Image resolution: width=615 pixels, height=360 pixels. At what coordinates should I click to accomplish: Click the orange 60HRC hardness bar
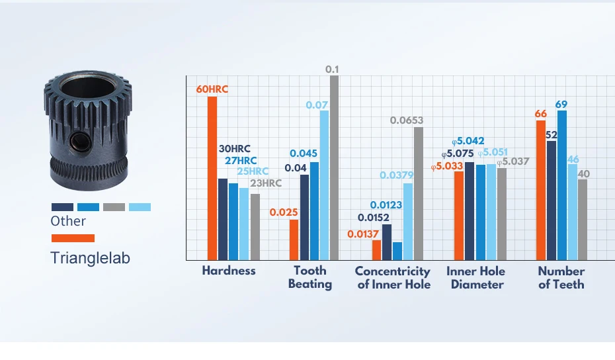coord(212,178)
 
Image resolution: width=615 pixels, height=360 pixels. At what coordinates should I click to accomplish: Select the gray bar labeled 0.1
coord(334,167)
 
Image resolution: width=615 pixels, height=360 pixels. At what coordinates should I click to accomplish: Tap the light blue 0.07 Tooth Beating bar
coord(325,185)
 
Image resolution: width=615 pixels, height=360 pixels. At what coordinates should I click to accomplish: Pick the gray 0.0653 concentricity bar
coord(419,193)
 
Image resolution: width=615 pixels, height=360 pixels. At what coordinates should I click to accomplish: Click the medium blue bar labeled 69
coord(562,185)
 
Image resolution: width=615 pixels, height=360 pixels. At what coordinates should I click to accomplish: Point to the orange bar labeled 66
coord(541,190)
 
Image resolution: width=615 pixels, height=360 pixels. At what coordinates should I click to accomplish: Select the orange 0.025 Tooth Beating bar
coord(294,240)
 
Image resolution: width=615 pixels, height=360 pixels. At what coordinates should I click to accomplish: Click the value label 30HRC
coord(235,149)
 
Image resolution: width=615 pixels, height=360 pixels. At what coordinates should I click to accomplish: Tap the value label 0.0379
coord(397,175)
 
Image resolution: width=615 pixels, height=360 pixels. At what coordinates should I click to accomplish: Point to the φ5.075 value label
coord(458,154)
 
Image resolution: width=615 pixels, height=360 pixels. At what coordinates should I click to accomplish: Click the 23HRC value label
coord(266,183)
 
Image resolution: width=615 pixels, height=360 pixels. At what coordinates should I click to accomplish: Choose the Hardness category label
coord(229,271)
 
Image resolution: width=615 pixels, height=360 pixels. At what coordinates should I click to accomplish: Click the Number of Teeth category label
coord(561,277)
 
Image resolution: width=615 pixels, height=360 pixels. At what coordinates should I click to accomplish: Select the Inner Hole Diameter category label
coord(476,277)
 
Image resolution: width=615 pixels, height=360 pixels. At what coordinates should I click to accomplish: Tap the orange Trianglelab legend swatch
coord(73,238)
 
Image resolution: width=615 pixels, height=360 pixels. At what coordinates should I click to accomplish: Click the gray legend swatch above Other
coord(114,207)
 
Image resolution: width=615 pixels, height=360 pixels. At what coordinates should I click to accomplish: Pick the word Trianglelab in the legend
coord(90,258)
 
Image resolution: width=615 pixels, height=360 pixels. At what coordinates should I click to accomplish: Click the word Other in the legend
coord(68,221)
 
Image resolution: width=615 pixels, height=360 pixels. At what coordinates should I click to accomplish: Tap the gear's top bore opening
coord(88,87)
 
